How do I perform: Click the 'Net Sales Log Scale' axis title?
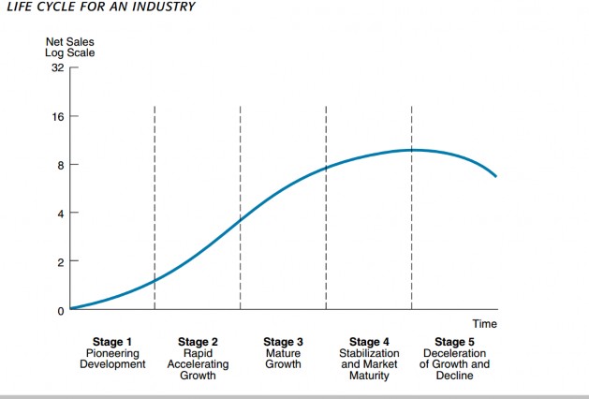point(70,47)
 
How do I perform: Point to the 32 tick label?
point(57,68)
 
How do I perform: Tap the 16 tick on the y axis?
point(57,117)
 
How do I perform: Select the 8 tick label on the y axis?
point(60,166)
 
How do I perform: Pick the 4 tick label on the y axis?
point(60,214)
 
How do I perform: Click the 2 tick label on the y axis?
point(60,262)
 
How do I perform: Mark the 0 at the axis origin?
point(60,310)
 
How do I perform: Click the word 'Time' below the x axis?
point(484,324)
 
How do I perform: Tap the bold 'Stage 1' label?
point(112,342)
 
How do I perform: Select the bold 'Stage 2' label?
point(198,342)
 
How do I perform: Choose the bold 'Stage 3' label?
point(283,342)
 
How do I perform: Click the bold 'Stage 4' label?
point(369,342)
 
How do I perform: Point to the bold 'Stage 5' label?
point(454,342)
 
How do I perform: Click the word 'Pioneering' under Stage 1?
point(112,353)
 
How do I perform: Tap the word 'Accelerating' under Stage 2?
point(198,364)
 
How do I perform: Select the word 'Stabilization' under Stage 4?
point(369,353)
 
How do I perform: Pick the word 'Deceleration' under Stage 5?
point(454,353)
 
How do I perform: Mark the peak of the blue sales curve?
point(412,149)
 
